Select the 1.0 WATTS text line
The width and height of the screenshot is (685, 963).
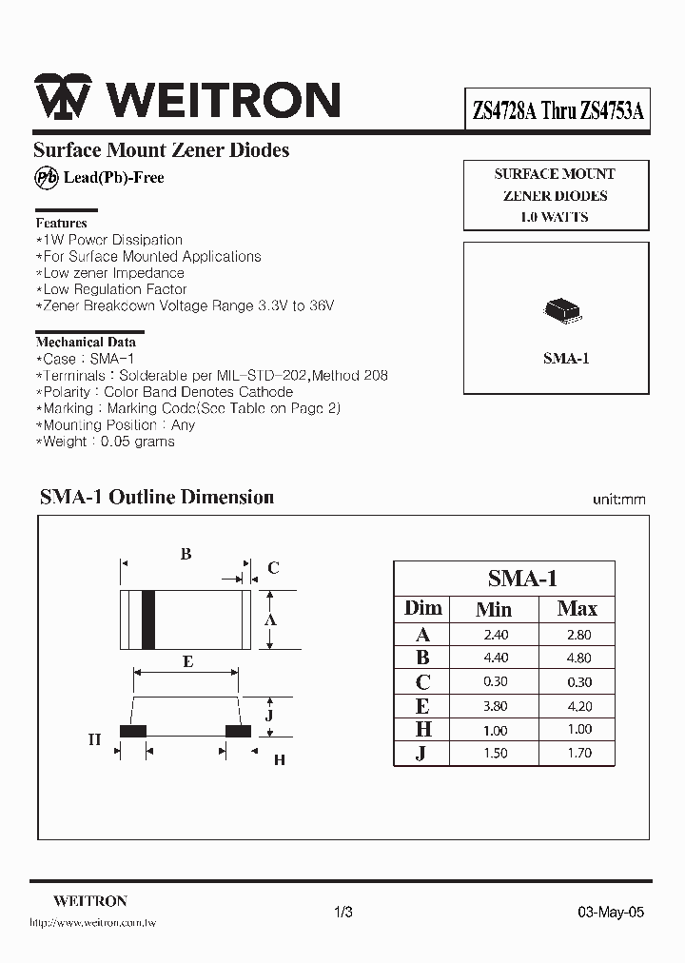(x=555, y=217)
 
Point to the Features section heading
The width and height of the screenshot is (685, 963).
(x=61, y=223)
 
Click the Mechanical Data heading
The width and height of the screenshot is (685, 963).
(x=86, y=342)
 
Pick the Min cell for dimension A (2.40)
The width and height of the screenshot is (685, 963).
(x=496, y=635)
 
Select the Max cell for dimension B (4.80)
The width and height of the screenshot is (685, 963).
(x=577, y=658)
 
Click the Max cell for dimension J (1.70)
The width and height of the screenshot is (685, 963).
(x=577, y=753)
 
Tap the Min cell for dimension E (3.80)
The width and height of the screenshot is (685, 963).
(x=496, y=706)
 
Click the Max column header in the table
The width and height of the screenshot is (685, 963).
(x=577, y=609)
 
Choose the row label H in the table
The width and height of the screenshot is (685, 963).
(x=423, y=729)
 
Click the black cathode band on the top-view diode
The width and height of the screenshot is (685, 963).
(x=147, y=619)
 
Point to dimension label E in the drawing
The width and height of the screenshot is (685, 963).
(x=187, y=661)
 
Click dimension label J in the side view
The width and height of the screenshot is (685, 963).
(x=270, y=715)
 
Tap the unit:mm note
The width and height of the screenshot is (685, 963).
(x=618, y=500)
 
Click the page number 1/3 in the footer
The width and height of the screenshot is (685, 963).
(x=343, y=912)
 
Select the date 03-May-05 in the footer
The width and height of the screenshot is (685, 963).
(x=611, y=912)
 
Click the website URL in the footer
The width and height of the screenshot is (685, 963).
(x=93, y=923)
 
